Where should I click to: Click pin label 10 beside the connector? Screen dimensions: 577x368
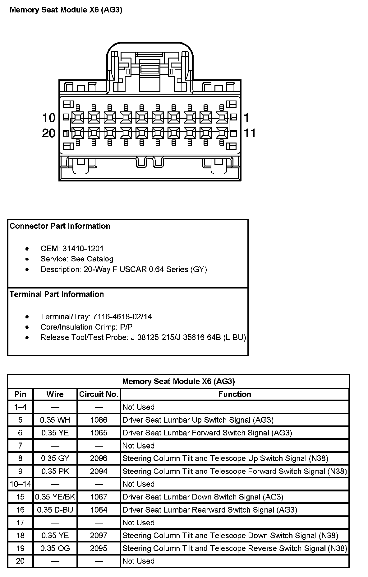[49, 118]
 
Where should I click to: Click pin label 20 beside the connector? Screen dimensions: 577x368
[49, 133]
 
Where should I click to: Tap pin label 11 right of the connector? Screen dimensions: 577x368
[250, 133]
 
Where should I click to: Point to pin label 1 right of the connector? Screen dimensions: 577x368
[246, 118]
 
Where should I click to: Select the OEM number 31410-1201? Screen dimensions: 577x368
[83, 248]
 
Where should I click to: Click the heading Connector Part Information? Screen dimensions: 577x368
[60, 226]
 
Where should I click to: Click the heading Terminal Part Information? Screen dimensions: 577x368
[57, 294]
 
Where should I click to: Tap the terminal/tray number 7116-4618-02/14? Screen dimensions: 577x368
[122, 317]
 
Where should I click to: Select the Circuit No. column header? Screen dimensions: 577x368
[99, 394]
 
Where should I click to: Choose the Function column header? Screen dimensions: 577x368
[235, 394]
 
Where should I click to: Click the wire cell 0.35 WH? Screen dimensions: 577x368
[55, 420]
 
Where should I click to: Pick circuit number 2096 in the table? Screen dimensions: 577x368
[99, 458]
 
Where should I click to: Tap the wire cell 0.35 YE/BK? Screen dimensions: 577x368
[55, 497]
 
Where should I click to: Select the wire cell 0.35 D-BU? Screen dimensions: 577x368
[55, 509]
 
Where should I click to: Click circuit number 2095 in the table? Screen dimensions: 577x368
[99, 548]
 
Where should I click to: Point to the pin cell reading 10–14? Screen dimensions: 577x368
[21, 484]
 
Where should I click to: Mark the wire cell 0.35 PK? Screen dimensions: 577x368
[55, 471]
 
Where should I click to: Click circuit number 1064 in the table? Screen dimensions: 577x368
[99, 509]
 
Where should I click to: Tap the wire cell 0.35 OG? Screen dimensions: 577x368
[55, 548]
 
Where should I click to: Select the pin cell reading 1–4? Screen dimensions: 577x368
[21, 407]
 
